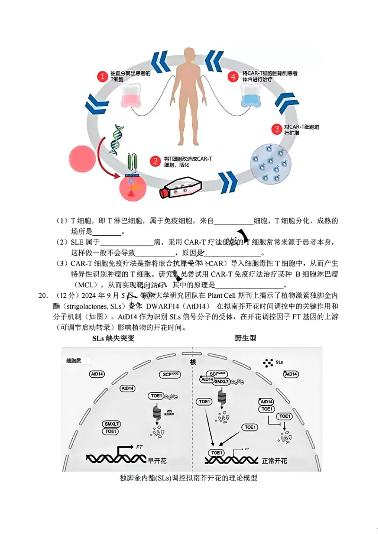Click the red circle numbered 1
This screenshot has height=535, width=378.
(101, 76)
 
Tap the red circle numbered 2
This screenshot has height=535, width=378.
(155, 161)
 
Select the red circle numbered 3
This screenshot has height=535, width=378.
(275, 129)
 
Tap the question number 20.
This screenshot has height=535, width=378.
(43, 296)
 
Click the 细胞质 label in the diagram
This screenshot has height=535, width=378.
(74, 361)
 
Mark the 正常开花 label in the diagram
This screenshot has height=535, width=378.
(274, 460)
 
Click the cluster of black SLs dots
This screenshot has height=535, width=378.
(268, 362)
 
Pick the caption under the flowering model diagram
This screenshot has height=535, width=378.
(189, 478)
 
